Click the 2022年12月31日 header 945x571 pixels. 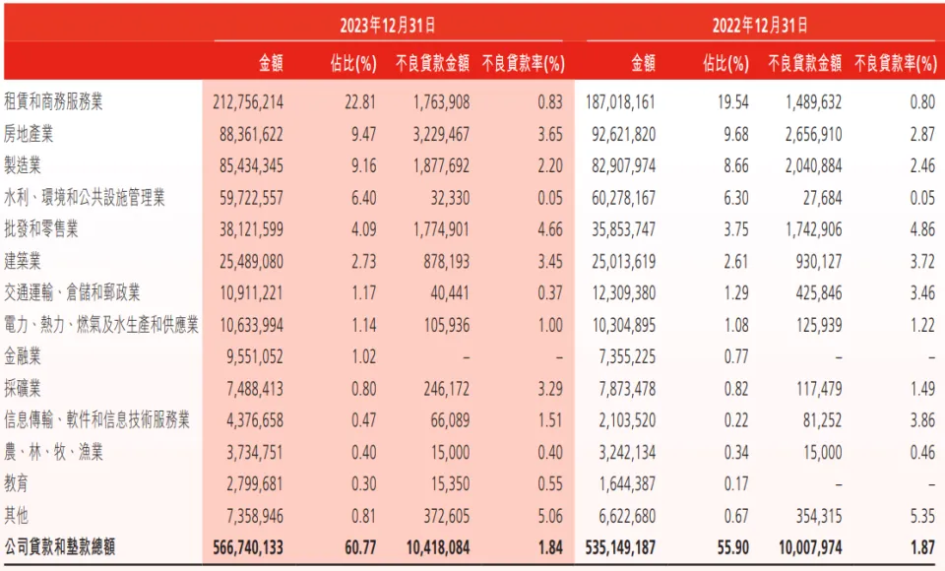765,26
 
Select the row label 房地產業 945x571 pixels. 31,133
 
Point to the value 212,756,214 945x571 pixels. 248,101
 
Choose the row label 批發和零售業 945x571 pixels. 42,228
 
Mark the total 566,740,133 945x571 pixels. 248,547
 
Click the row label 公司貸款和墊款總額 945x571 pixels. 60,547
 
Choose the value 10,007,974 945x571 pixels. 803,547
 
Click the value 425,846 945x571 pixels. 814,292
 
